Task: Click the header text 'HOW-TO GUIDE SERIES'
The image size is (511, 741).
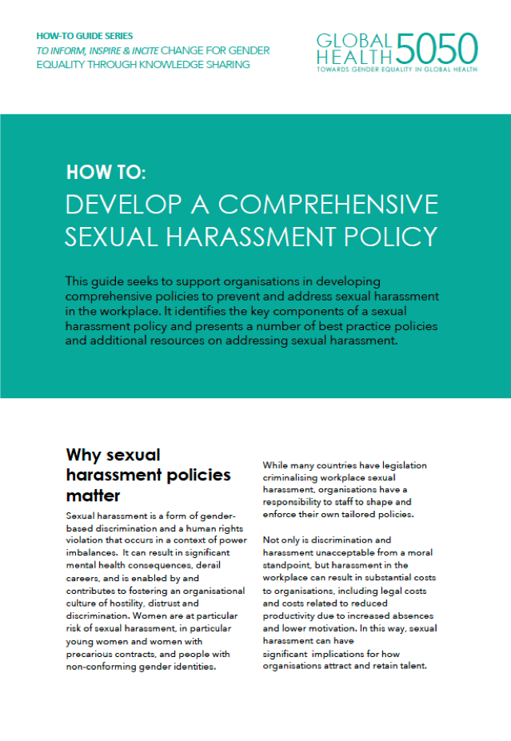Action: pyautogui.click(x=85, y=36)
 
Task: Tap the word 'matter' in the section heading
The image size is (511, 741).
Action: pyautogui.click(x=93, y=496)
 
